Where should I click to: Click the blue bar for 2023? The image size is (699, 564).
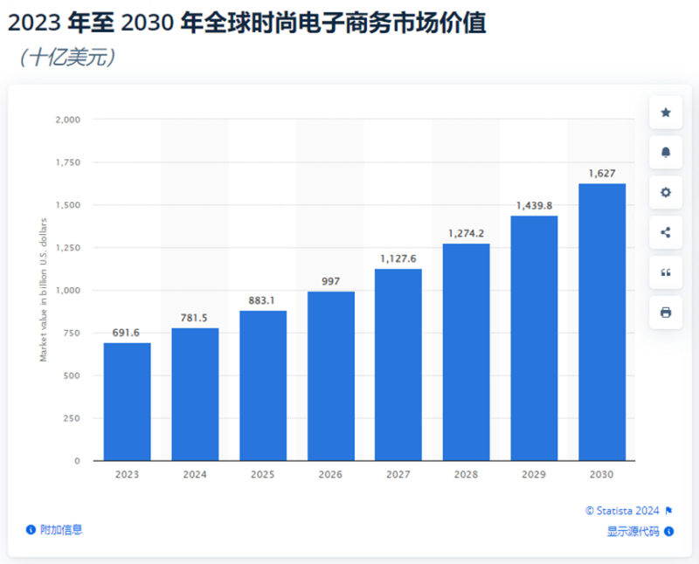(x=127, y=402)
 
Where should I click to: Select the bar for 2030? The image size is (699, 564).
(x=602, y=322)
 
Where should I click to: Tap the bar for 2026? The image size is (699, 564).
(x=330, y=376)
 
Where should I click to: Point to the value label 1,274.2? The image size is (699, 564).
(x=466, y=234)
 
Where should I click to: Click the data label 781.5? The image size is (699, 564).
(x=195, y=318)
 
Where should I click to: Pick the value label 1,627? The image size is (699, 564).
(x=602, y=174)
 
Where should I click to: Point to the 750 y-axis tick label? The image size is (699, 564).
(x=70, y=333)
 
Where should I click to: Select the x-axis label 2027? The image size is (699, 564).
(x=398, y=474)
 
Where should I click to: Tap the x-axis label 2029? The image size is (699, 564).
(x=534, y=474)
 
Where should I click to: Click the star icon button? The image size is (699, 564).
(x=666, y=113)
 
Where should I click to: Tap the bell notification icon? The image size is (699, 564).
(x=666, y=152)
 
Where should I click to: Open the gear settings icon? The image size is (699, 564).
(x=666, y=192)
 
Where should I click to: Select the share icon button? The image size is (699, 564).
(x=666, y=232)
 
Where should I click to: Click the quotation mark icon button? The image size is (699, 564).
(x=666, y=272)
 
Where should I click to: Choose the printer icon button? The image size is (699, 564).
(x=666, y=313)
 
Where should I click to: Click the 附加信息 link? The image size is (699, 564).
(x=60, y=529)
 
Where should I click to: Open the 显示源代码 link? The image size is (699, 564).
(x=633, y=531)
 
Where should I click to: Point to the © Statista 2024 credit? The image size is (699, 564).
(x=622, y=511)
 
